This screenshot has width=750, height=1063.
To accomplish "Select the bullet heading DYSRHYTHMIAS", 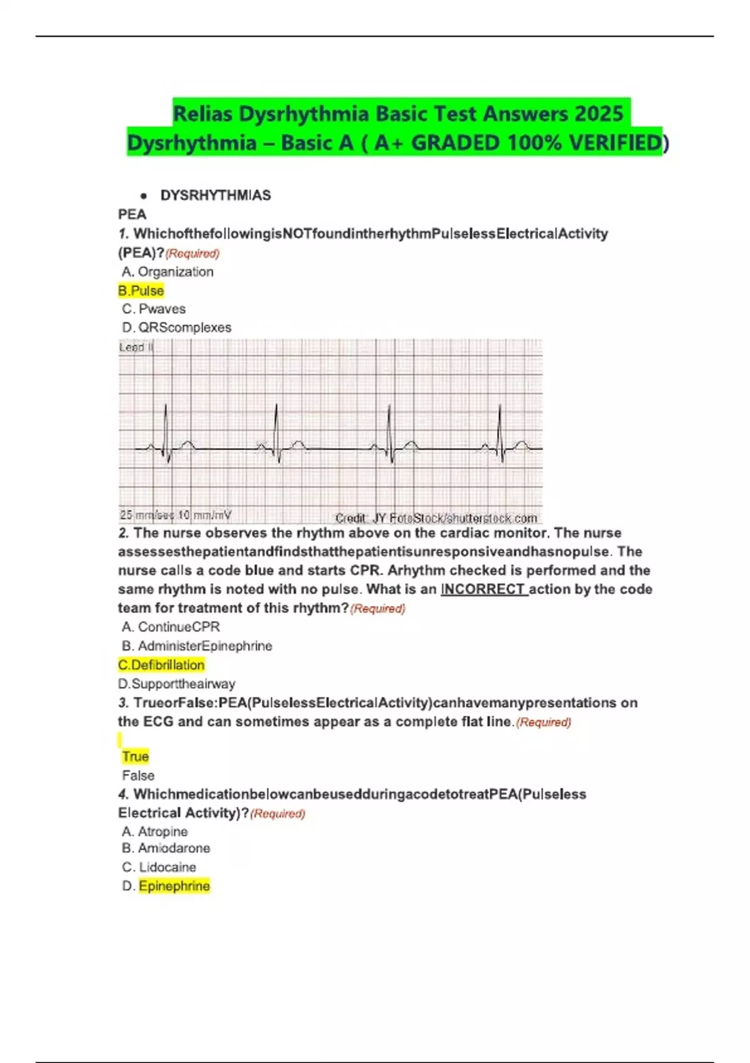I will tap(216, 196).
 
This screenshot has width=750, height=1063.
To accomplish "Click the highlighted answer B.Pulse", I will tap(141, 291).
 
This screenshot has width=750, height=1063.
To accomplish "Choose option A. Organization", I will tap(167, 272).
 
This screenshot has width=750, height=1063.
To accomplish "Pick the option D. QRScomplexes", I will tap(177, 328).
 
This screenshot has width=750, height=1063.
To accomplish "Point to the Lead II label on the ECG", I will tap(136, 348).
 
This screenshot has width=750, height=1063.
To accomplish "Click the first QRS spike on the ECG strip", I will tap(166, 431).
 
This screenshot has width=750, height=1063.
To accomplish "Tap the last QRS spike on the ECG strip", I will tap(500, 431).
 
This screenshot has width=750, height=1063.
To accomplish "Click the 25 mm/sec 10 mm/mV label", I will tap(176, 515).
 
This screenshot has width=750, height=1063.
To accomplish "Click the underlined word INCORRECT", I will tap(484, 589).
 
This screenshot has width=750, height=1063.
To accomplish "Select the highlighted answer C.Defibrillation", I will tap(161, 665).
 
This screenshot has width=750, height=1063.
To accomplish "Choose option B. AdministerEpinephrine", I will tap(197, 646).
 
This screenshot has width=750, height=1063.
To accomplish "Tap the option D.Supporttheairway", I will tap(177, 684).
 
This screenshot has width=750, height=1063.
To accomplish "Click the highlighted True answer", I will tap(136, 757).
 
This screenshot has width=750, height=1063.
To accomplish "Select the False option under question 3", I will tap(138, 776).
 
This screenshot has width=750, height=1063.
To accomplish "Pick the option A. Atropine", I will tap(155, 832).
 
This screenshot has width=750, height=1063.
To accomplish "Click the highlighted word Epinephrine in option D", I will tap(174, 886).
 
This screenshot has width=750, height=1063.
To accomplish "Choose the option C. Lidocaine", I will tap(159, 867).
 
